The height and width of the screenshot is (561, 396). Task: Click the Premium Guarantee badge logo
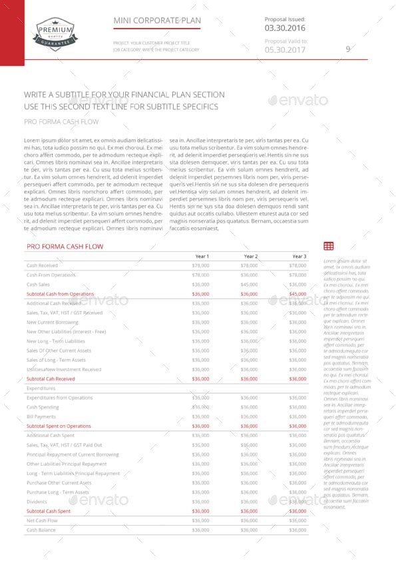54,29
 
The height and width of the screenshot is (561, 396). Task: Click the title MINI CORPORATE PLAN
157,21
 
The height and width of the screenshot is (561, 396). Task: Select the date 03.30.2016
285,29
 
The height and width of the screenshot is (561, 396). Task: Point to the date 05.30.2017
286,49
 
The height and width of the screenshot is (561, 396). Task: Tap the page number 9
347,49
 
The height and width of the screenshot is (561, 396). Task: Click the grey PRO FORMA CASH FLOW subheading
61,122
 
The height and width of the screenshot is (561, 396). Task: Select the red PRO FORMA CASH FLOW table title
65,247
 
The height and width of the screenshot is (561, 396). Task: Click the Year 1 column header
202,257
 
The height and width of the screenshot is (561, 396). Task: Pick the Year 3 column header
299,257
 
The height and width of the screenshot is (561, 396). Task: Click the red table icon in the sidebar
328,247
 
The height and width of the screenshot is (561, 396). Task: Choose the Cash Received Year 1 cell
200,266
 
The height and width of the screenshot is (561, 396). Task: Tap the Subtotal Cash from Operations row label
60,294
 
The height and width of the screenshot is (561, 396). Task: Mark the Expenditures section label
41,388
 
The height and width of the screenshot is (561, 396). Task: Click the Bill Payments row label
41,416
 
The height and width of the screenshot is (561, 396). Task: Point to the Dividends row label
37,502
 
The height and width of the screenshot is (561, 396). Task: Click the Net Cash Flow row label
42,520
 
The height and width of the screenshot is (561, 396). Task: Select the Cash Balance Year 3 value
297,530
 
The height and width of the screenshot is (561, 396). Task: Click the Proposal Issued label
285,19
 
